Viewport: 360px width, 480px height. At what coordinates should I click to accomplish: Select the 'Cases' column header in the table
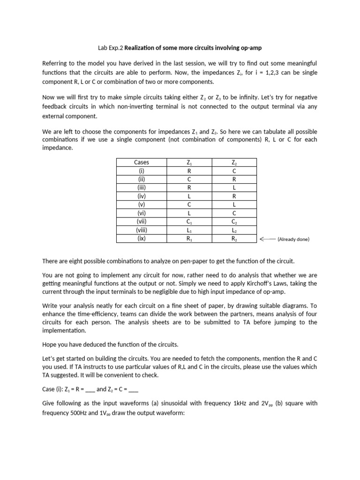click(x=141, y=162)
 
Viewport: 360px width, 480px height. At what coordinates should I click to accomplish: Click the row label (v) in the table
click(x=141, y=204)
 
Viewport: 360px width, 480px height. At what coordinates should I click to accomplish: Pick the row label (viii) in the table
click(x=141, y=230)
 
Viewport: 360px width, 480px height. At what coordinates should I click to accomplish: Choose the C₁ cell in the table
click(x=188, y=222)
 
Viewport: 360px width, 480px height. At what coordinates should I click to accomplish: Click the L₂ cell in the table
click(x=234, y=230)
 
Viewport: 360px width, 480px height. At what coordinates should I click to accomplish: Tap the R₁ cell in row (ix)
click(x=188, y=239)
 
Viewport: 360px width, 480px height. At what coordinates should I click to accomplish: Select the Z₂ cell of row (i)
click(x=234, y=171)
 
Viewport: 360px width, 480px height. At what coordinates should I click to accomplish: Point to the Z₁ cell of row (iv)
click(x=188, y=196)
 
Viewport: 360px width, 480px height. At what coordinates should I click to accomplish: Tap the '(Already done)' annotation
click(x=293, y=239)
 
